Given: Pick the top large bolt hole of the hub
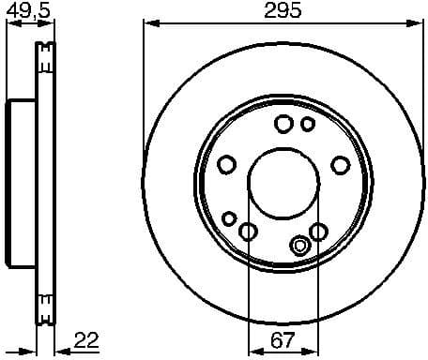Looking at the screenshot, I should click(283, 124).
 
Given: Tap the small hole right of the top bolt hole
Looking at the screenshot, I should click(308, 124).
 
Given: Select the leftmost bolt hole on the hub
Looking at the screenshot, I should click(226, 166).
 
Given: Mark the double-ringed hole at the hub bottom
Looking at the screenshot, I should click(299, 247).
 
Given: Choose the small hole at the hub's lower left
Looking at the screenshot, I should click(229, 217).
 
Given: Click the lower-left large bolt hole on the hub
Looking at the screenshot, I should click(248, 232).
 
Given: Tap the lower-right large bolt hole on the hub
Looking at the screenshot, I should click(318, 232).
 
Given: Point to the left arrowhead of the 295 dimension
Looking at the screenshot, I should click(147, 22).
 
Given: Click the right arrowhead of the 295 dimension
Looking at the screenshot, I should click(418, 22).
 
